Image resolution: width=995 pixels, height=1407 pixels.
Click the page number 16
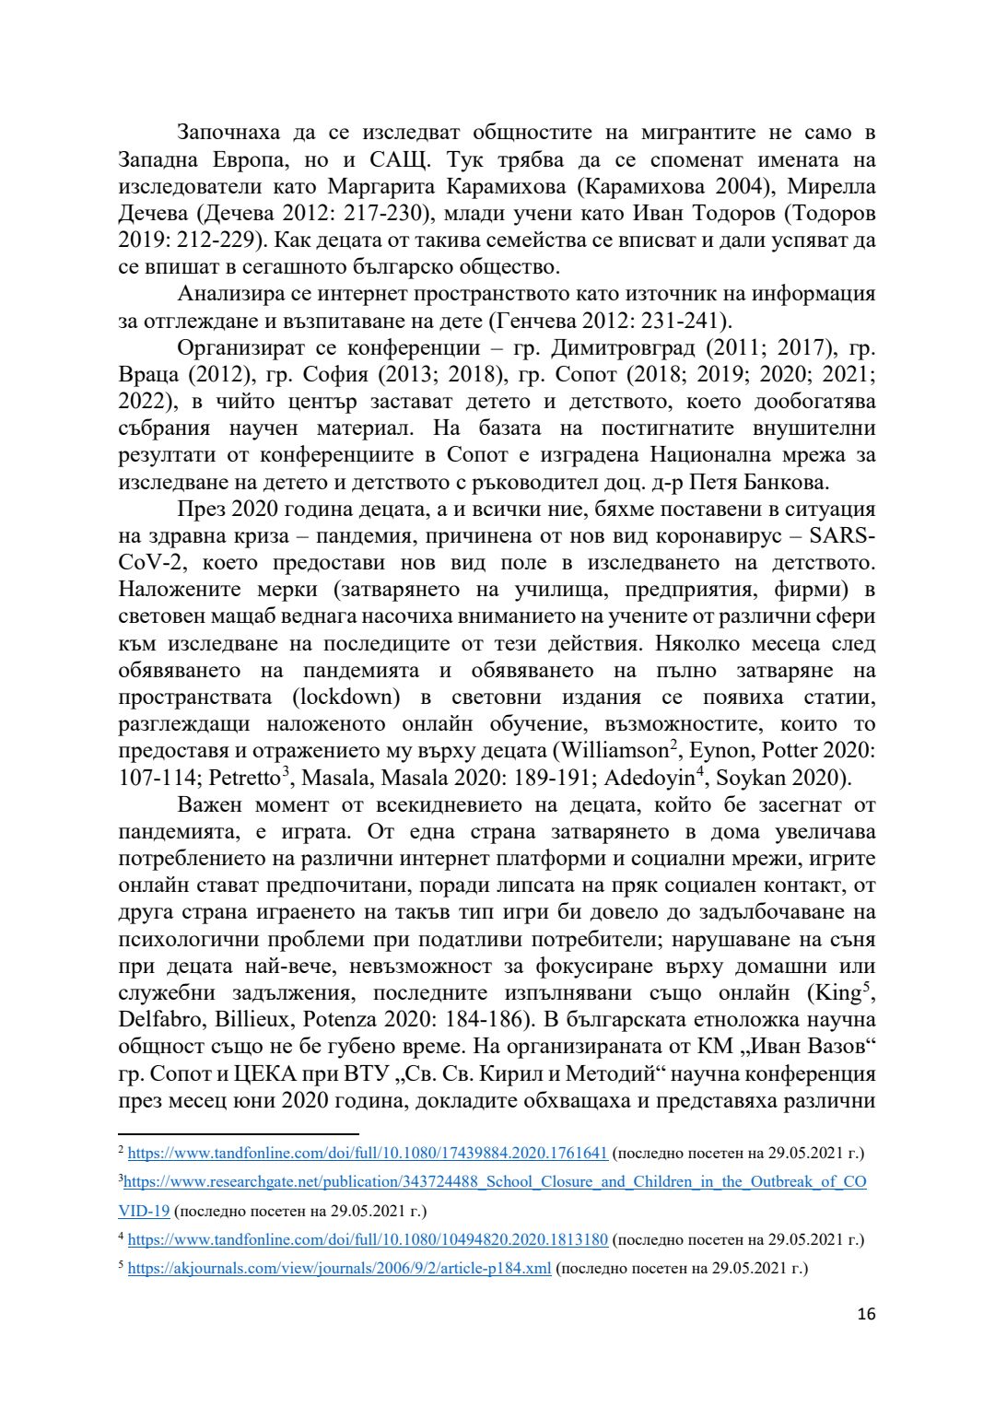866,1313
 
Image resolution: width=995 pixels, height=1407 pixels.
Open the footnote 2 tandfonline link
367,1153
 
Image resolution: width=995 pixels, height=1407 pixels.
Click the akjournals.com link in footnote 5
339,1268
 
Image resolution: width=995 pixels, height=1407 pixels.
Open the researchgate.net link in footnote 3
495,1181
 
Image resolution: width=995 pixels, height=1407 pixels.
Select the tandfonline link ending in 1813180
367,1239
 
